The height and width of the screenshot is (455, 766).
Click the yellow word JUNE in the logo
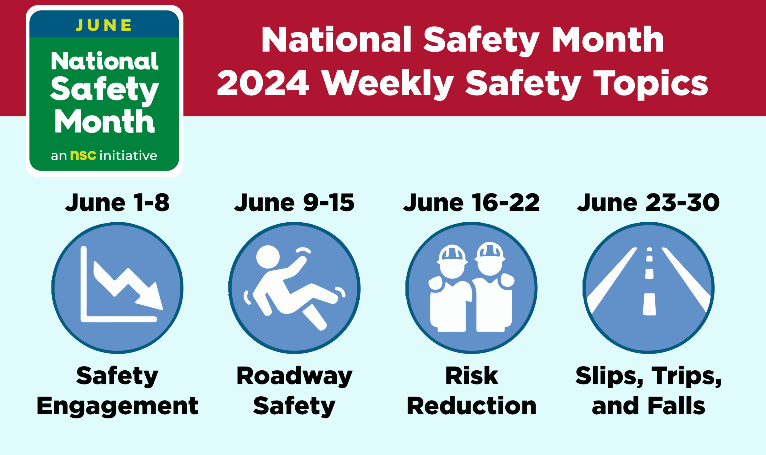tap(104, 25)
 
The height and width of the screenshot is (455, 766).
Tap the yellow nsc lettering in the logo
tap(83, 155)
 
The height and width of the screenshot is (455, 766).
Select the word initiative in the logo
tap(128, 156)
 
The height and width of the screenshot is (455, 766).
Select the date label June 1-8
tap(117, 203)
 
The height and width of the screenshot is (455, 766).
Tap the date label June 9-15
tap(294, 203)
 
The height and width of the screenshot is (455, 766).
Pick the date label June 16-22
tap(471, 203)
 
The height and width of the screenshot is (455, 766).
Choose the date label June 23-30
tap(648, 203)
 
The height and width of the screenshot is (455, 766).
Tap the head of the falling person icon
tap(268, 257)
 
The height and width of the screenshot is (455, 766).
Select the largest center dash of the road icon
tap(649, 304)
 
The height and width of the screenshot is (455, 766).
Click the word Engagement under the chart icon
tap(118, 406)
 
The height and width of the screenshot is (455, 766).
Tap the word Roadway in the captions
tap(294, 376)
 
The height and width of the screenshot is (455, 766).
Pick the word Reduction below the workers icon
tap(472, 406)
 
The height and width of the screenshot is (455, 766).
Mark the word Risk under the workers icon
tap(472, 376)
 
